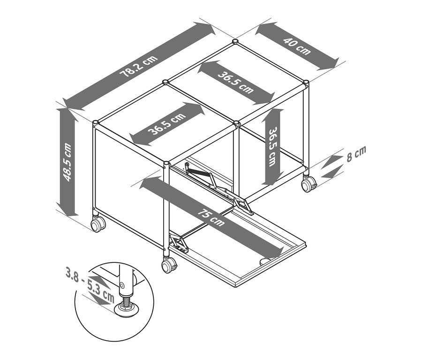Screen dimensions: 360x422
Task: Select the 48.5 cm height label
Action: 68,162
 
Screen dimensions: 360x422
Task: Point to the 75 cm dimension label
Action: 211,216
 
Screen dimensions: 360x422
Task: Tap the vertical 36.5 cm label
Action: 271,146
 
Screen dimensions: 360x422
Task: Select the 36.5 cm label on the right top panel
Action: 235,79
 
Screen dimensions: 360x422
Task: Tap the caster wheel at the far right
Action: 309,184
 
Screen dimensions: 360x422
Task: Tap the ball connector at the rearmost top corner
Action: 235,43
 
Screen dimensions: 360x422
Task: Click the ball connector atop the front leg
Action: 166,165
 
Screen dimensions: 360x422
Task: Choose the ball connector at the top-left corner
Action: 96,123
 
